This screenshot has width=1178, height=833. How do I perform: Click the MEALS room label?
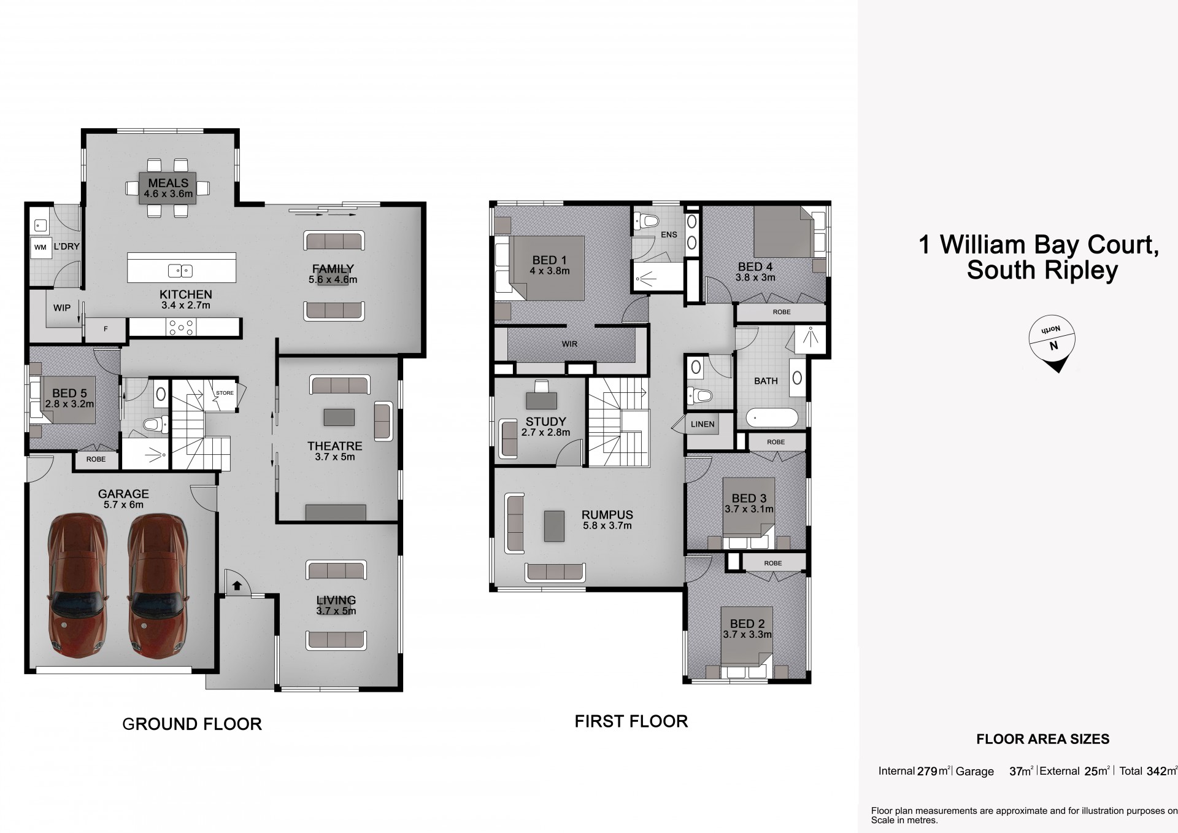(x=168, y=183)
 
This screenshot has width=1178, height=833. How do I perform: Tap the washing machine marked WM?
(x=40, y=247)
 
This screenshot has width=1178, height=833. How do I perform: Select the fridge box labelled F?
(x=106, y=329)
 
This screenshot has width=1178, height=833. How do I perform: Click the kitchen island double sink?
(x=180, y=270)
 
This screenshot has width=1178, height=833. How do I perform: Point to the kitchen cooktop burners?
(x=182, y=328)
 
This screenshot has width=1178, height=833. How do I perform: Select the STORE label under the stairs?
(x=225, y=393)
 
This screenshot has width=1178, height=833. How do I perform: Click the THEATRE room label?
(x=335, y=446)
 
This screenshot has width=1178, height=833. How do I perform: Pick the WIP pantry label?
(x=62, y=308)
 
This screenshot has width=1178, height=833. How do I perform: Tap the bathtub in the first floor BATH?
(x=772, y=419)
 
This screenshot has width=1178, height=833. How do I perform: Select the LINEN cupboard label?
(x=703, y=424)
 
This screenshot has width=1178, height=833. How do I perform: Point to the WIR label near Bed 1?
(x=569, y=344)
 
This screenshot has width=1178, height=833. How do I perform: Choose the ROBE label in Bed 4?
(x=782, y=312)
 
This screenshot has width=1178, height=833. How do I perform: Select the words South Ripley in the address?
(x=1042, y=270)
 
